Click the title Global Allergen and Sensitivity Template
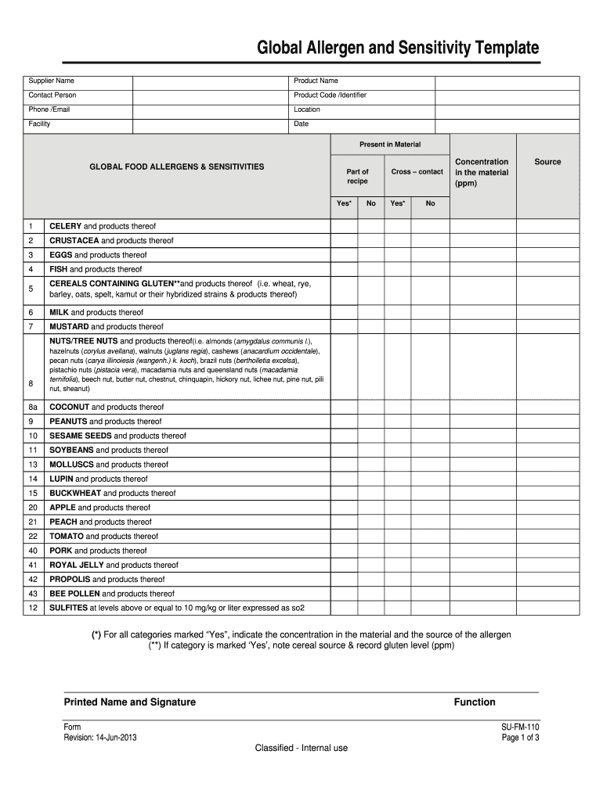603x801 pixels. click(x=399, y=49)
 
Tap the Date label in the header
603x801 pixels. click(x=301, y=124)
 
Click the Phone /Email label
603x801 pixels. click(x=49, y=110)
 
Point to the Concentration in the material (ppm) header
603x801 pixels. click(x=482, y=173)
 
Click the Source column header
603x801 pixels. click(x=547, y=162)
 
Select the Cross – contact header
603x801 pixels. click(x=417, y=171)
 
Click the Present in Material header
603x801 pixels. click(x=390, y=145)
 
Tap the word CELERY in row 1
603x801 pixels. click(x=66, y=226)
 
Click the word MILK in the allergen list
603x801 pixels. click(x=60, y=312)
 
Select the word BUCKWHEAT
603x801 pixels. click(x=75, y=494)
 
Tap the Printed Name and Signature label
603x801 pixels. click(x=129, y=702)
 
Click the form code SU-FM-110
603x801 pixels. click(x=520, y=727)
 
